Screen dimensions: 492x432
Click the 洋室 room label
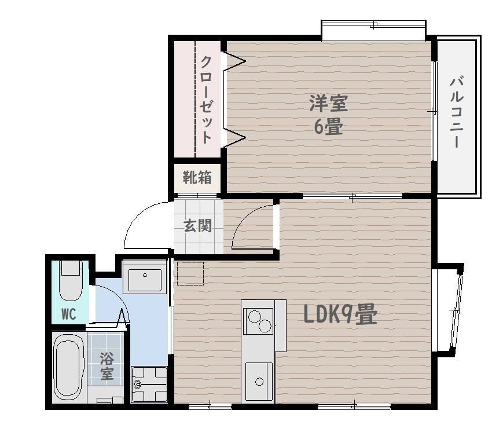pyautogui.click(x=329, y=103)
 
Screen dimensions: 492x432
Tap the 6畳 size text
pyautogui.click(x=328, y=126)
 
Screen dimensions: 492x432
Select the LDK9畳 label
pyautogui.click(x=340, y=314)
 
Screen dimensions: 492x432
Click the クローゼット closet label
pyautogui.click(x=206, y=100)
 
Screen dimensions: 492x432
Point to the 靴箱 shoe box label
pyautogui.click(x=197, y=178)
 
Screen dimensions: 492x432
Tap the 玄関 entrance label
pyautogui.click(x=198, y=225)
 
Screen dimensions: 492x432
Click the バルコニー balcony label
pyautogui.click(x=457, y=111)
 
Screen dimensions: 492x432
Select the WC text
pyautogui.click(x=69, y=314)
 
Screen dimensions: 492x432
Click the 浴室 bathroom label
pyautogui.click(x=107, y=366)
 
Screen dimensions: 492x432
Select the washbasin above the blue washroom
pyautogui.click(x=145, y=277)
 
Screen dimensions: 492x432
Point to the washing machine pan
pyautogui.click(x=149, y=385)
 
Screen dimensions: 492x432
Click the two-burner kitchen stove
pyautogui.click(x=259, y=321)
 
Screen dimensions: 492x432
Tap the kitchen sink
pyautogui.click(x=259, y=381)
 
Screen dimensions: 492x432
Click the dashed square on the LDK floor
pyautogui.click(x=190, y=273)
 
